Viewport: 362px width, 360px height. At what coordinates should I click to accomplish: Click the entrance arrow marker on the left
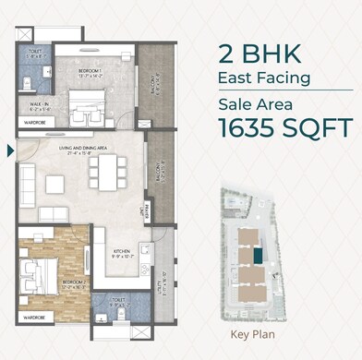pos(9,149)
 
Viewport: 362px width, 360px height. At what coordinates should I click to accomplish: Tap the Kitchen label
pos(124,254)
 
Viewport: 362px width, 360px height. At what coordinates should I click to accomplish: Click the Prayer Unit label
pos(142,211)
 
